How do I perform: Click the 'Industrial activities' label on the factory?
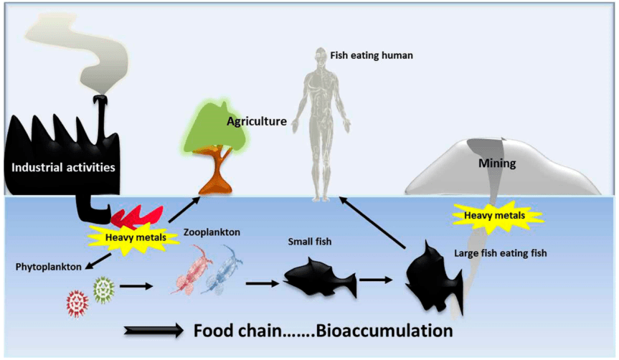[63, 169]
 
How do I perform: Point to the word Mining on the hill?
[497, 164]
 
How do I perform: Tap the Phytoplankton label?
[47, 267]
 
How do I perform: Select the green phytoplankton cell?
[105, 291]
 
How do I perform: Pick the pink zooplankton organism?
[189, 270]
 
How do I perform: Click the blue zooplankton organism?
[223, 270]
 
